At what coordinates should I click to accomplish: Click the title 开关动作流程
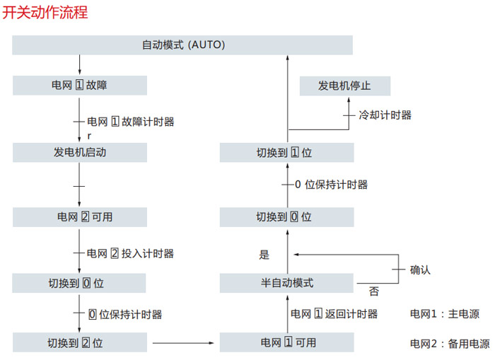pyautogui.click(x=45, y=12)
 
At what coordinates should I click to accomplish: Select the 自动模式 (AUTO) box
pyautogui.click(x=182, y=45)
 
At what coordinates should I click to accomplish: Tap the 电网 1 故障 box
pyautogui.click(x=79, y=86)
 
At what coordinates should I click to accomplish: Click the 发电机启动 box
pyautogui.click(x=79, y=152)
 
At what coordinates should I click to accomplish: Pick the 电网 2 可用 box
pyautogui.click(x=79, y=216)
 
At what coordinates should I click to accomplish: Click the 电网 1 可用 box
pyautogui.click(x=286, y=343)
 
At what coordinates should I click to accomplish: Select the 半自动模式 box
pyautogui.click(x=286, y=283)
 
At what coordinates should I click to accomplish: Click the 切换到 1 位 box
pyautogui.click(x=286, y=152)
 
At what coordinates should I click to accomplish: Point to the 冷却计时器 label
pyautogui.click(x=385, y=115)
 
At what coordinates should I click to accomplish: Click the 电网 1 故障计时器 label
pyautogui.click(x=130, y=122)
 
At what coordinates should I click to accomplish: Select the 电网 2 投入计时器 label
pyautogui.click(x=130, y=252)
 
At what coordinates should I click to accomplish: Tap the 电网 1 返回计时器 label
pyautogui.click(x=334, y=313)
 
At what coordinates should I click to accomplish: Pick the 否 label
pyautogui.click(x=373, y=291)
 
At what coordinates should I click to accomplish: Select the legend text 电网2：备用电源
pyautogui.click(x=449, y=344)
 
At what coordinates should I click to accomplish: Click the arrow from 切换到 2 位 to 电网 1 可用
pyautogui.click(x=183, y=343)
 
